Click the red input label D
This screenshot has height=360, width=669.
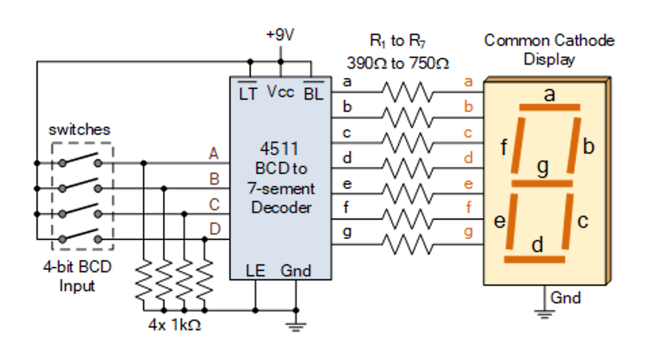pos(214,229)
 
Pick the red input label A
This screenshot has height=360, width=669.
pos(214,154)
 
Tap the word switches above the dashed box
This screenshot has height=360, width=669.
pos(80,129)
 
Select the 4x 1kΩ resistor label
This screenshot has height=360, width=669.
pos(175,326)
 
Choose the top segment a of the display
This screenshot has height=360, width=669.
pos(549,107)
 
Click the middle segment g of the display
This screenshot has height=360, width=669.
pos(542,183)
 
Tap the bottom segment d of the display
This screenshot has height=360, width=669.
pos(535,259)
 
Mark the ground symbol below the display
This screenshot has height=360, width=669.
pos(543,311)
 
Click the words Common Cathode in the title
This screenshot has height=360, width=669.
pos(549,40)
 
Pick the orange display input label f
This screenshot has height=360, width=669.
pos(469,208)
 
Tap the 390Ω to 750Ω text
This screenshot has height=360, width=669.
pos(398,63)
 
